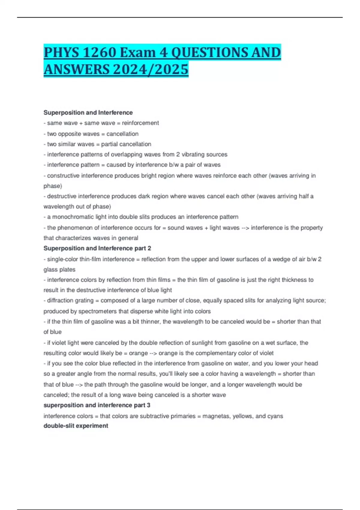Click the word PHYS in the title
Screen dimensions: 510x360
[x=61, y=53]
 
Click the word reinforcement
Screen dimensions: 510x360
[x=140, y=123]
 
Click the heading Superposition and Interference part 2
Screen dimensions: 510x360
[x=97, y=248]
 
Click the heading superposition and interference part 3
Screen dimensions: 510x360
[x=97, y=405]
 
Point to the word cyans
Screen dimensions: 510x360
[x=275, y=416]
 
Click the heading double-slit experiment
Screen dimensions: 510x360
[x=76, y=426]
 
